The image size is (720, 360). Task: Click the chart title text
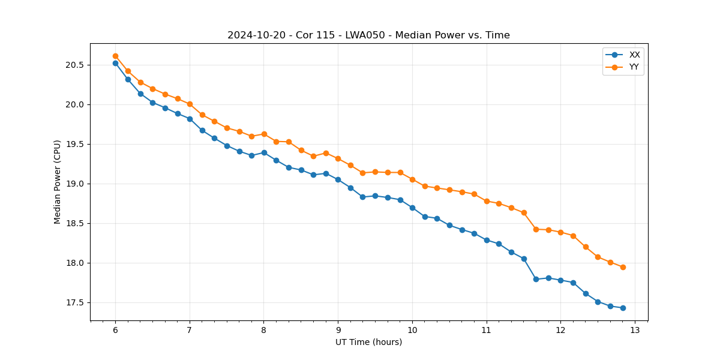click(368, 35)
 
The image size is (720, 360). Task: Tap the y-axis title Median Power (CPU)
click(58, 182)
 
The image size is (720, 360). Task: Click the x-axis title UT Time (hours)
click(368, 342)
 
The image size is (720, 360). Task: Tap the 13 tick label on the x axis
click(635, 331)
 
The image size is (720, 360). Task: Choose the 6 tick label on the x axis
click(115, 331)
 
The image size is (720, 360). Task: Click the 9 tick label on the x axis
click(338, 331)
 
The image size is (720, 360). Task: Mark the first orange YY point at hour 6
click(115, 56)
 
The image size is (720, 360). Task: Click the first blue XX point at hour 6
click(115, 63)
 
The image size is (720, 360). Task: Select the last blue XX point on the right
click(623, 308)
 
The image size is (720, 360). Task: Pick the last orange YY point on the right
click(623, 267)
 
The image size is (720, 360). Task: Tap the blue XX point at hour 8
click(264, 152)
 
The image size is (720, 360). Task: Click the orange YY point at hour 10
click(412, 179)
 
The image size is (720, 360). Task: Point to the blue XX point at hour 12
click(560, 280)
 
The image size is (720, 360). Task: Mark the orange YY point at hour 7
click(190, 104)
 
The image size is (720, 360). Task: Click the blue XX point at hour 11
click(487, 240)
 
